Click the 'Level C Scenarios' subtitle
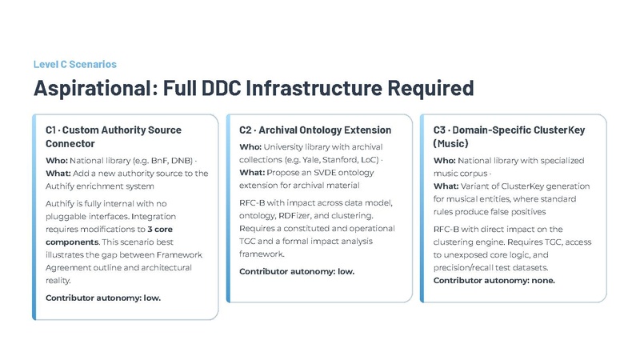75,65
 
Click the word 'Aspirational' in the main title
93,88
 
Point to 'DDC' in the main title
222,88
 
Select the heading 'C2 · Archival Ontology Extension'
315,130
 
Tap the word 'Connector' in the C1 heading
70,144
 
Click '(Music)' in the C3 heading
450,144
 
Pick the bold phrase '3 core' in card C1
160,230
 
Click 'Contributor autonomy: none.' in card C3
494,281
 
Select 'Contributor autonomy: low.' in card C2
297,271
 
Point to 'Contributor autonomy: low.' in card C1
103,298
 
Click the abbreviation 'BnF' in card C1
158,161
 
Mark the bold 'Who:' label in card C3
444,161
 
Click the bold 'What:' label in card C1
58,174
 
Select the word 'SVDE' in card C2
325,173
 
